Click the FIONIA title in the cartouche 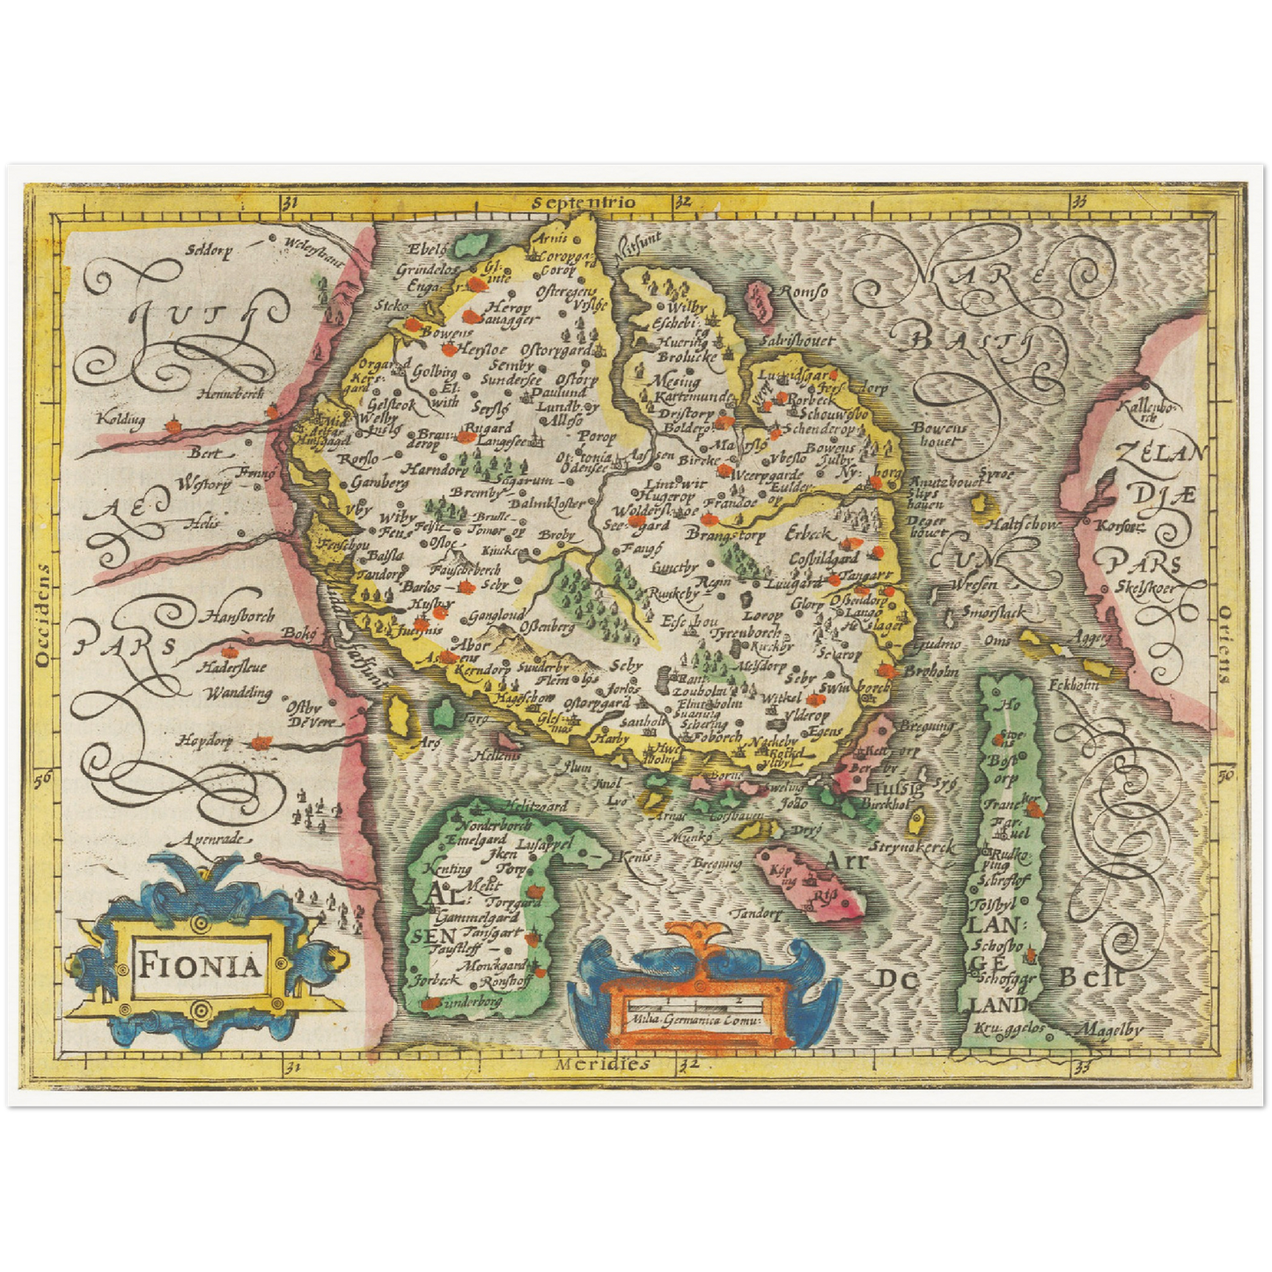(200, 966)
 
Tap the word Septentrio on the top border (584, 202)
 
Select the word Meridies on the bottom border (602, 1063)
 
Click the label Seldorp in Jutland (209, 249)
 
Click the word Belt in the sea (1092, 976)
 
